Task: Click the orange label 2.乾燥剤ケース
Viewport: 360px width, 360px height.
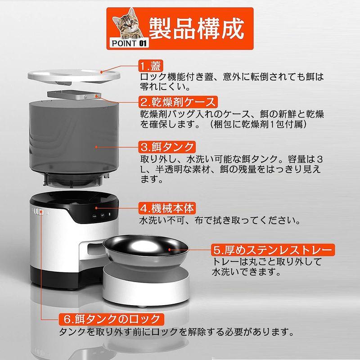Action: coord(177,101)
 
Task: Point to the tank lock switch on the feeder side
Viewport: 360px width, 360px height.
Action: coord(37,213)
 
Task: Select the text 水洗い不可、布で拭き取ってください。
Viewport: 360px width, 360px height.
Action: coord(219,221)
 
